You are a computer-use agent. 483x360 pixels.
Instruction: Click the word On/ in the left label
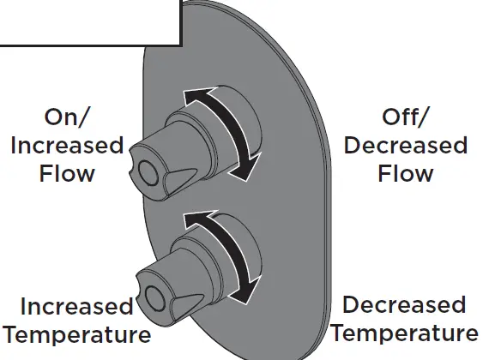click(67, 117)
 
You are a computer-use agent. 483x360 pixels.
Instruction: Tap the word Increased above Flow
click(67, 145)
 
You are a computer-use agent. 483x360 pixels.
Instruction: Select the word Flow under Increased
click(67, 173)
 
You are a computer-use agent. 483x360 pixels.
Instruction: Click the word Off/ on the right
click(406, 117)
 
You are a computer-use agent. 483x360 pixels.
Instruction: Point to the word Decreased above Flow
click(406, 145)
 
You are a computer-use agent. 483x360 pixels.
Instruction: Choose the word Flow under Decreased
click(406, 173)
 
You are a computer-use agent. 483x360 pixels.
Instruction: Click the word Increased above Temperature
click(76, 306)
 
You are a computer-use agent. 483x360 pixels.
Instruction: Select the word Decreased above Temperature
click(403, 305)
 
